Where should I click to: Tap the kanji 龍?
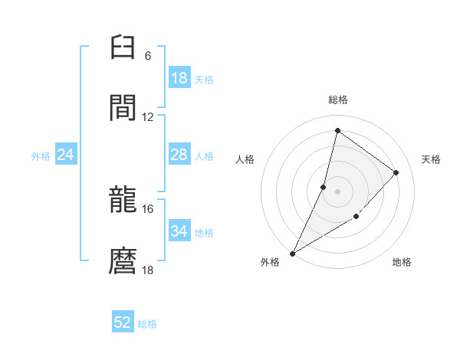tap(123, 201)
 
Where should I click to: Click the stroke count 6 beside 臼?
tap(147, 56)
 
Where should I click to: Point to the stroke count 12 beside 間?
tap(148, 116)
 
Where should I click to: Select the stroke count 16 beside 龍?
tap(148, 208)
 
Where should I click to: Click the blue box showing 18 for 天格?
tap(179, 78)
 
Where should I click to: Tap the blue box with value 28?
tap(179, 155)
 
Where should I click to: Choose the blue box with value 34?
tap(179, 231)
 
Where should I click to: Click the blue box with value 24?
tap(66, 155)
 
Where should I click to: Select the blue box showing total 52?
tap(123, 322)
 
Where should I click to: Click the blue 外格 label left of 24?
tap(41, 156)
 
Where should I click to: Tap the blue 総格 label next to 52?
tap(147, 324)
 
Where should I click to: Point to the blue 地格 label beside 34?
tap(204, 233)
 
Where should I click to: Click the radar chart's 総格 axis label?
tap(338, 100)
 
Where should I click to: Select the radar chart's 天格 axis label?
tap(432, 159)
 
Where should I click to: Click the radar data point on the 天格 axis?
tap(396, 172)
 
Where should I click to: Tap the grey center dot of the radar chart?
tap(337, 191)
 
